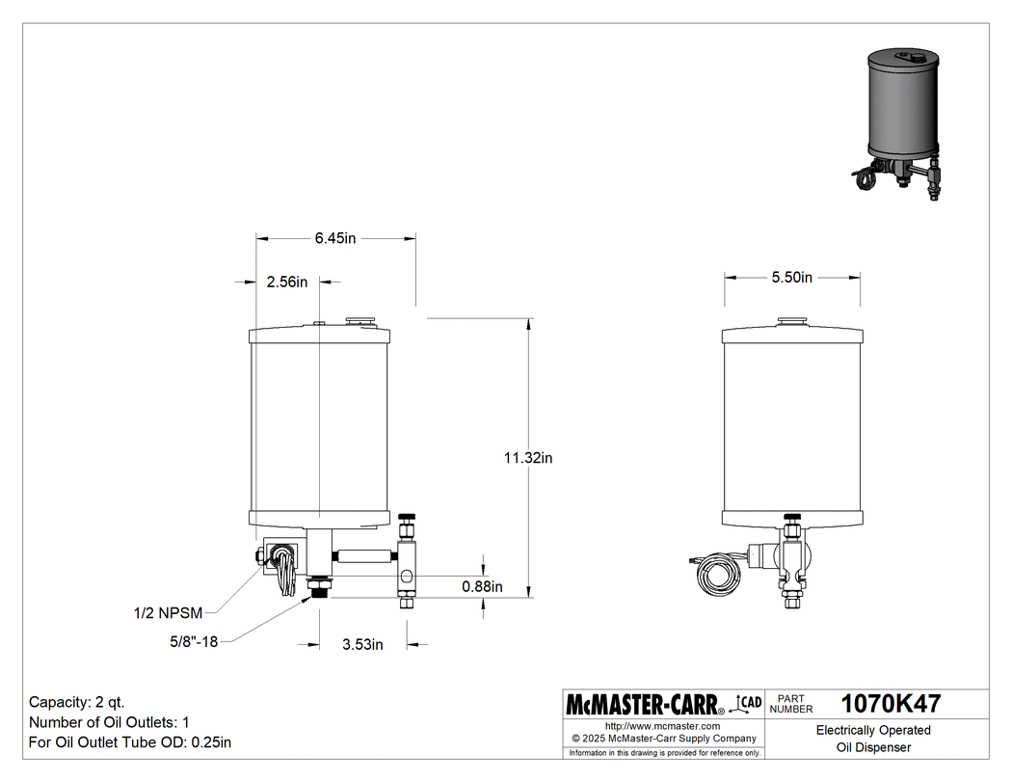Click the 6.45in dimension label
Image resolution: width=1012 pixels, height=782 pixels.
tap(336, 238)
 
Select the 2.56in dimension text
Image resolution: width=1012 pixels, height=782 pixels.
tap(286, 283)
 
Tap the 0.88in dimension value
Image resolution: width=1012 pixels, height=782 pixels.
tap(482, 586)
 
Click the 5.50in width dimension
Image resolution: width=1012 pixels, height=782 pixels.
tap(791, 278)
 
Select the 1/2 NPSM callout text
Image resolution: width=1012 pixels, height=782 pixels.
tap(168, 611)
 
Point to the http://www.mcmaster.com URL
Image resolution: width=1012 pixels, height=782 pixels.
tap(662, 726)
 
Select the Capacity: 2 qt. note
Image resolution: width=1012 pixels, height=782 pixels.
tap(77, 701)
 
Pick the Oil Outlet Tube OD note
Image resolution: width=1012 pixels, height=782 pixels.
tap(130, 742)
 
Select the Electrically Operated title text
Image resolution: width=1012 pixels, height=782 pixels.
tap(872, 730)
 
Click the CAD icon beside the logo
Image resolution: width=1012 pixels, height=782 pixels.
tap(749, 704)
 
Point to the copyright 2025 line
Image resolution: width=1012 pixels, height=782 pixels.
tap(662, 739)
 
